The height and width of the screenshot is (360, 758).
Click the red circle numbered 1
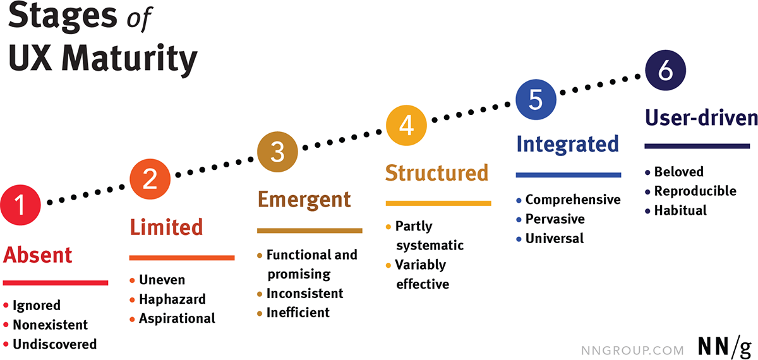pos(20,205)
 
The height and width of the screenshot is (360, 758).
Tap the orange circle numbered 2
pos(150,179)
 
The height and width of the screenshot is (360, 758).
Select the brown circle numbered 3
pos(277,152)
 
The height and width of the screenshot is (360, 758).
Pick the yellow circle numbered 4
pos(406,126)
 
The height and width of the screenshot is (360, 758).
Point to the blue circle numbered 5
pos(536,100)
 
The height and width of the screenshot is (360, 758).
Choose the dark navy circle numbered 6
pos(666,70)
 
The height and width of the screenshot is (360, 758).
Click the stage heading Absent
pos(37,255)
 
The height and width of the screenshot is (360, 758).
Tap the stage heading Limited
pos(166,227)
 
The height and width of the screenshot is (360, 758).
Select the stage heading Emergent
pos(304,200)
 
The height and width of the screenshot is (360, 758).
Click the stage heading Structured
pos(437,173)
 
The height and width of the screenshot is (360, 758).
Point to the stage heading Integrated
pos(568,145)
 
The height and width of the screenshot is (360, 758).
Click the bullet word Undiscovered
pos(55,344)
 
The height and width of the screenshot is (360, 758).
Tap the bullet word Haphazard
pos(172,299)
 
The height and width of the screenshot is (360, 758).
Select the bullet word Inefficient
pos(298,313)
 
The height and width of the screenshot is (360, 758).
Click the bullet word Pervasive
pos(555,219)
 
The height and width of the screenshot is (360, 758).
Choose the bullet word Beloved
pos(679,172)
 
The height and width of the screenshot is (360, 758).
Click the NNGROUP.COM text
pos(632,350)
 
